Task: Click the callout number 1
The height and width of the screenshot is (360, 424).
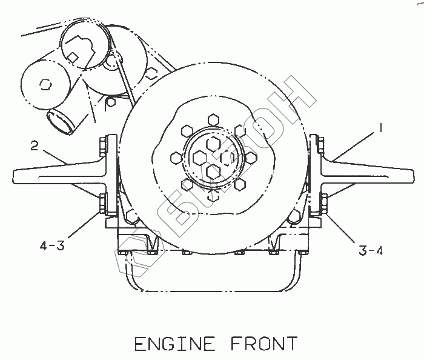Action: (x=380, y=128)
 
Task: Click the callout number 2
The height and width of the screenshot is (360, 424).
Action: (x=36, y=145)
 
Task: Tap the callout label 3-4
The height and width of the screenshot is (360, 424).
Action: (x=371, y=248)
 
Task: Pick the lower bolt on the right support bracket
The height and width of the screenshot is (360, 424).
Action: (x=323, y=202)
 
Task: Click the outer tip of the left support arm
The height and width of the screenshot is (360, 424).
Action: (x=15, y=176)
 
